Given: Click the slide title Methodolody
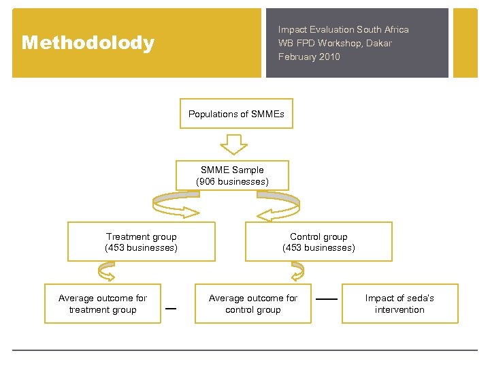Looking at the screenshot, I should tap(88, 43).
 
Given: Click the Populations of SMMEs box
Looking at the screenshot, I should tap(236, 114).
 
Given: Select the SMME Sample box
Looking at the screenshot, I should tap(232, 175).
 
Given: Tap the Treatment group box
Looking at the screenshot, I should tap(141, 242).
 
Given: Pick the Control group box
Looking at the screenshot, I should tap(318, 242).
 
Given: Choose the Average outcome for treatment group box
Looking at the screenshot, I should tap(103, 303).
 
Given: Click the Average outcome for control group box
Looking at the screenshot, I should tap(253, 303).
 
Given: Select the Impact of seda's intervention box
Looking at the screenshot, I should tap(399, 303).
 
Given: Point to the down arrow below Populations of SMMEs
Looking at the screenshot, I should tap(235, 144).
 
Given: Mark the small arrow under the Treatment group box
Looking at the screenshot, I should tap(107, 273).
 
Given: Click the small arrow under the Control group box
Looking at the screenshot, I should tap(297, 273).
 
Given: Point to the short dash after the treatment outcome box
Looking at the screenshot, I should tap(171, 308).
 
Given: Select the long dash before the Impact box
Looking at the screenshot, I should tap(327, 299).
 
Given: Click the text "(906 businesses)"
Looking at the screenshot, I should tap(232, 181).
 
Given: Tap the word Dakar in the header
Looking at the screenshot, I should tap(378, 43).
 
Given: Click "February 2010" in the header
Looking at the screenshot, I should tap(309, 57).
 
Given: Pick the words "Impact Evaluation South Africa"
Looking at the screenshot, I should tap(343, 29).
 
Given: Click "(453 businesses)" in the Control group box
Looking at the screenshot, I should tap(318, 248).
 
